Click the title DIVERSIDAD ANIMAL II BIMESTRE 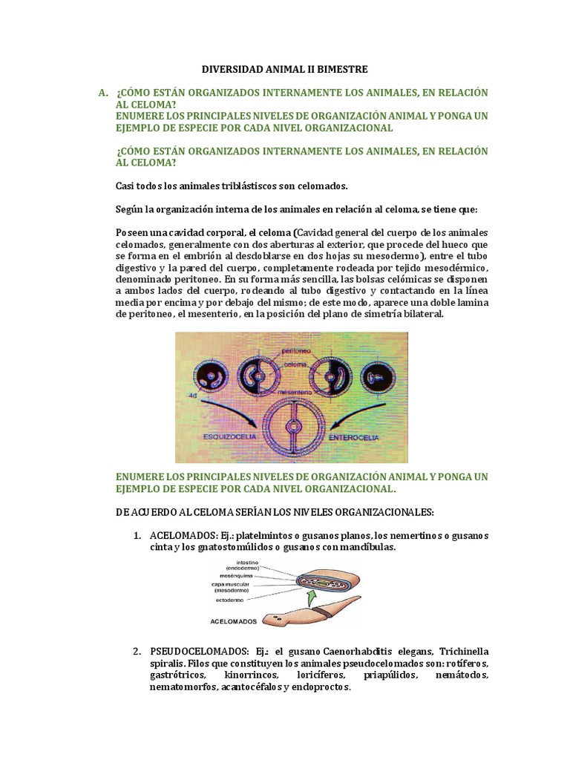click(x=285, y=69)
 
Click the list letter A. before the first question click(x=104, y=92)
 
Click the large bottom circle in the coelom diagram click(x=290, y=427)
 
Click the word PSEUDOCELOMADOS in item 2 click(x=190, y=652)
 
